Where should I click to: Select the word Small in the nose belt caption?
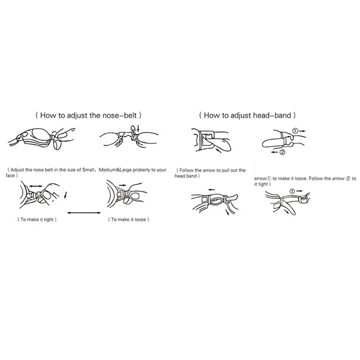tap(88, 170)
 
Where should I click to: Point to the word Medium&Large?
tap(115, 170)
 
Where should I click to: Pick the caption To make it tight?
tap(37, 219)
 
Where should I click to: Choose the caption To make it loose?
tap(129, 219)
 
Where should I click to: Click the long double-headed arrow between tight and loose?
tap(84, 213)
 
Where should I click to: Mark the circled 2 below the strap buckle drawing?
tap(283, 152)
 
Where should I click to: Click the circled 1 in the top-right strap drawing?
tap(296, 131)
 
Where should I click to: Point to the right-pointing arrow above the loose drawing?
tap(123, 185)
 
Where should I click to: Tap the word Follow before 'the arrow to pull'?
tap(186, 171)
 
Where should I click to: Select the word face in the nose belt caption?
tap(10, 175)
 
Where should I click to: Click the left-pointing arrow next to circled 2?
tap(274, 152)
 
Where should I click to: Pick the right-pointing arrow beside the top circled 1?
tap(302, 131)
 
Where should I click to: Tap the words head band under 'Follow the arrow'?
tap(186, 176)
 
